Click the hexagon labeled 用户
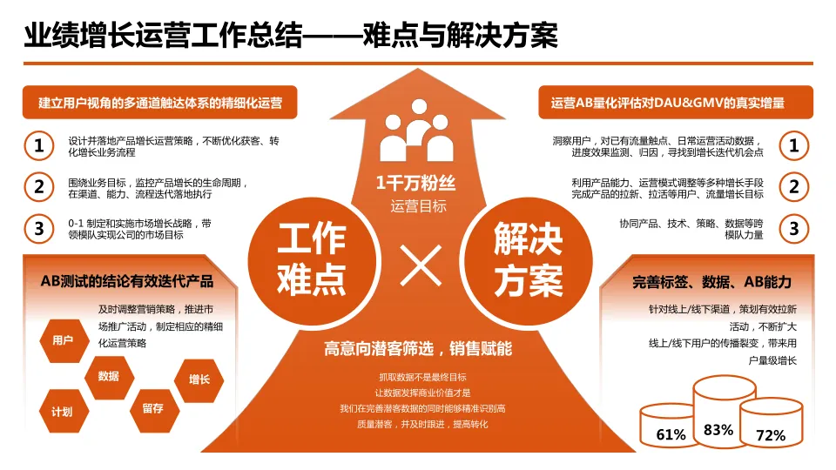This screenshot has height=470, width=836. [x=63, y=340]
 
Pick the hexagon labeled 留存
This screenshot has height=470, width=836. [x=152, y=407]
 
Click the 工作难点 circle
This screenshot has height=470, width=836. [x=311, y=258]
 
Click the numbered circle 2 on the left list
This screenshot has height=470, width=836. [x=38, y=186]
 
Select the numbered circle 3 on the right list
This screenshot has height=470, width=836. [x=793, y=228]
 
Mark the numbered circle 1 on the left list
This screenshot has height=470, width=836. [x=38, y=145]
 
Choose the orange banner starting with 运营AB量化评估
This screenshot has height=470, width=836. [x=676, y=103]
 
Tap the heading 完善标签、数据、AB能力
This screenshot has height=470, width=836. [x=711, y=281]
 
